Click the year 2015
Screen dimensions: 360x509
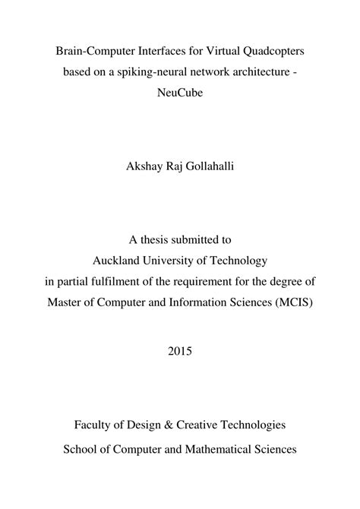point(180,352)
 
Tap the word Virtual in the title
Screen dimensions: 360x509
point(205,52)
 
